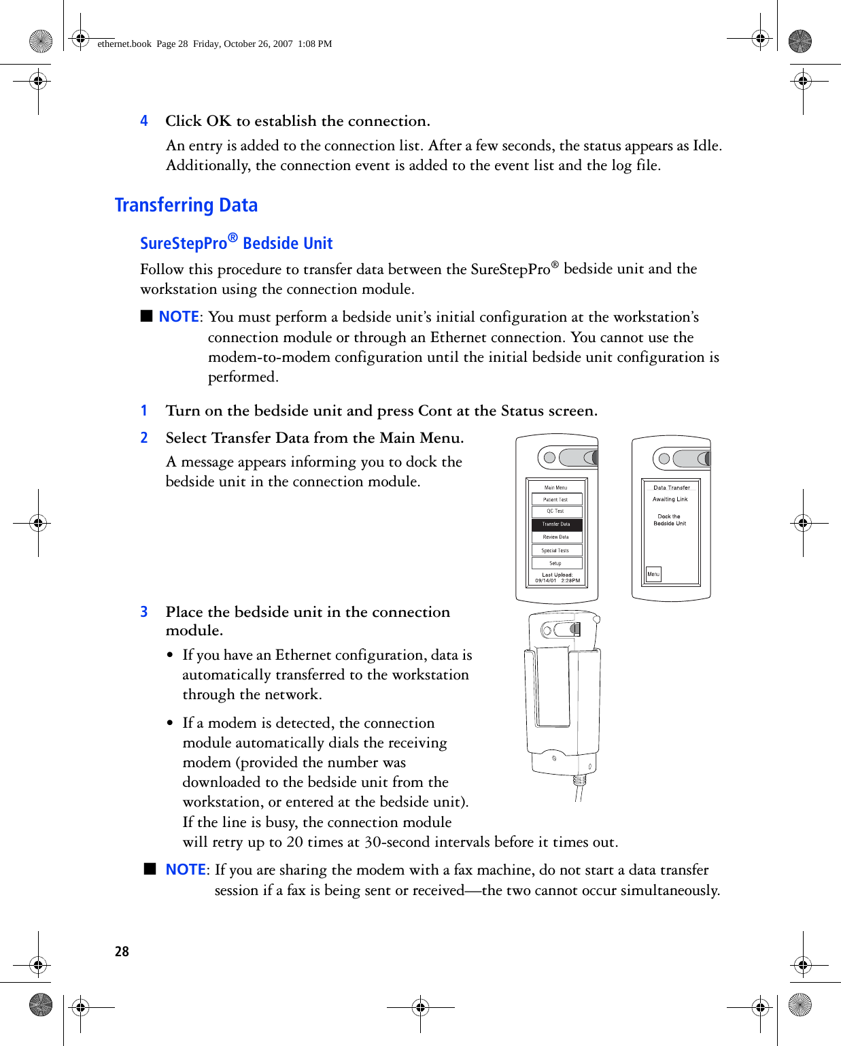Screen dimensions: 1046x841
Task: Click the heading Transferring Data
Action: click(186, 205)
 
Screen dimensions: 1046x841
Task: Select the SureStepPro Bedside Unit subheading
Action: click(236, 243)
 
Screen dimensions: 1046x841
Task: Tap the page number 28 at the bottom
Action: click(122, 951)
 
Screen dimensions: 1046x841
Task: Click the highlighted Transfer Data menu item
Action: click(556, 524)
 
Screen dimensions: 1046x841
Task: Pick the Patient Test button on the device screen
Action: click(556, 499)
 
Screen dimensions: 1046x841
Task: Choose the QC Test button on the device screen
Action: click(556, 511)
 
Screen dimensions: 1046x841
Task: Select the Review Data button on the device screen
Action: click(556, 537)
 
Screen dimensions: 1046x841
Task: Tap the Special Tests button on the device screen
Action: click(556, 550)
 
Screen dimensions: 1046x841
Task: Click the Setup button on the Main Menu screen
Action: click(556, 563)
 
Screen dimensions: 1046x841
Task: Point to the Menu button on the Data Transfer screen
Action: click(653, 574)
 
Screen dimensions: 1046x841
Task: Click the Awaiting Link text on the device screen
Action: click(670, 499)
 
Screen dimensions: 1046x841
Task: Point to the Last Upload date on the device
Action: click(557, 581)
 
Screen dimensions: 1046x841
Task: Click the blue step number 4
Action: click(144, 121)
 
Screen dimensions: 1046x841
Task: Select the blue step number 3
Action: click(144, 612)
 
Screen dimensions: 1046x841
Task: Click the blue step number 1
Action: click(144, 411)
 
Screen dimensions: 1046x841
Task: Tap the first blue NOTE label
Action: click(179, 317)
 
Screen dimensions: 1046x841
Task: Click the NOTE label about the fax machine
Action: click(186, 870)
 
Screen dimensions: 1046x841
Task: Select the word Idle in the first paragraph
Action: click(706, 146)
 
